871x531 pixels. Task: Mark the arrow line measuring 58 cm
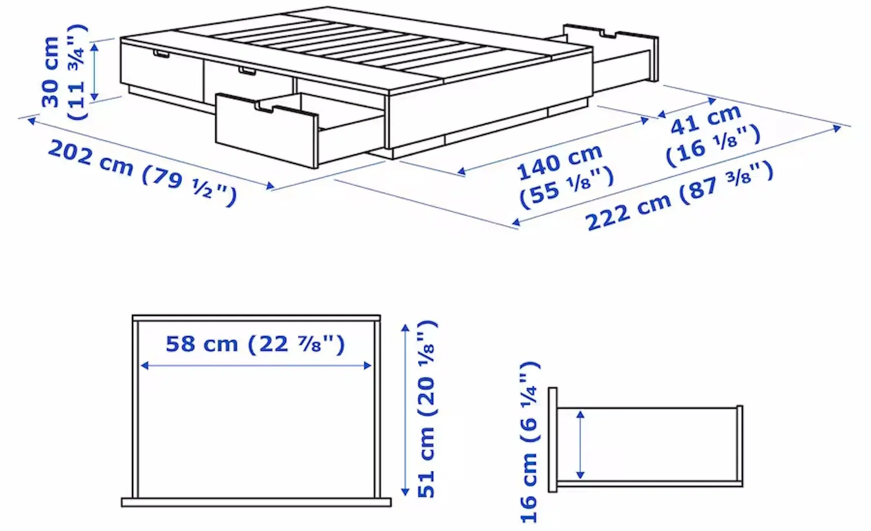click(256, 365)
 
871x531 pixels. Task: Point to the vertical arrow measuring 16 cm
click(581, 444)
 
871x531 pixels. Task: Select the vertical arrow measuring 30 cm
click(95, 71)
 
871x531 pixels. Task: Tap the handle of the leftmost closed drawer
click(161, 54)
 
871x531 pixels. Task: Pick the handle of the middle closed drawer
click(248, 72)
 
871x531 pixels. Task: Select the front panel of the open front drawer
click(266, 130)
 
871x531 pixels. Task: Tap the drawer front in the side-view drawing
click(553, 440)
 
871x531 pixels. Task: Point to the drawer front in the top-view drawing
click(256, 502)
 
